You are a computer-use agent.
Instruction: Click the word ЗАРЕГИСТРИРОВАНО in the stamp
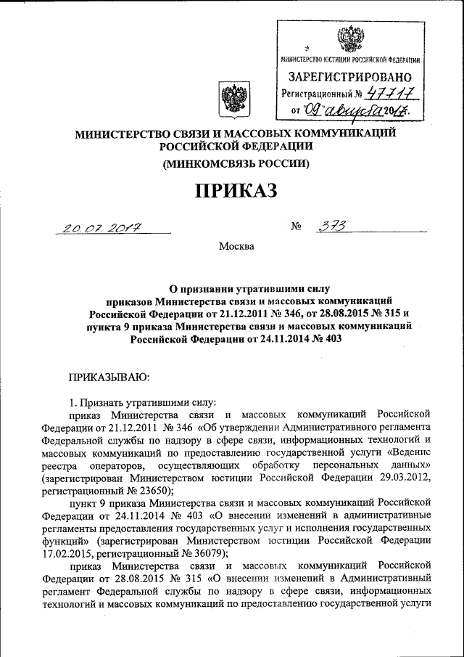(350, 77)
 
